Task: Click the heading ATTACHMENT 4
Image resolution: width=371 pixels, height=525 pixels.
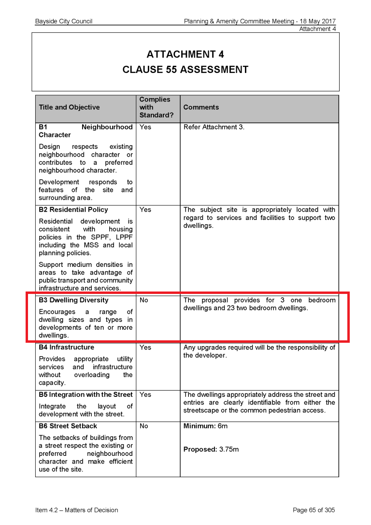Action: pos(185,54)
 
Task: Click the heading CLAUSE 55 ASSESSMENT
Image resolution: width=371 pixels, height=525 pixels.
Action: pos(185,70)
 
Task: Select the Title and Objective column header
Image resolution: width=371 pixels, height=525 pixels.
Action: pos(69,107)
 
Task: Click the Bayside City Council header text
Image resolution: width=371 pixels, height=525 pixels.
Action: pos(64,21)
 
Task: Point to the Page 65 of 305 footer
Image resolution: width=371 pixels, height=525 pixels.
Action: pos(314,510)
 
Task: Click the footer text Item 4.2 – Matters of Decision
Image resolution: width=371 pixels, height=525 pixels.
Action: pos(76,510)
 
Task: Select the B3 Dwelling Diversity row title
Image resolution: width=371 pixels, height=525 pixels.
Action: pos(73,300)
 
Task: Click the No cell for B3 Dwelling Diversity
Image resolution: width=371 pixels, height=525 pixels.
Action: pos(144,300)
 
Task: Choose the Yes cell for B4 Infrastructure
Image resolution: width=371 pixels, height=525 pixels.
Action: pos(145,347)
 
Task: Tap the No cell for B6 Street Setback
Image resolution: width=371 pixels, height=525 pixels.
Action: pos(144,426)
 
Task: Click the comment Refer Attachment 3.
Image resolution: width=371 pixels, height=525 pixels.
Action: pos(214,127)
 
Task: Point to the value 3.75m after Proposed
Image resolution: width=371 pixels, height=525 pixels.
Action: pos(229,450)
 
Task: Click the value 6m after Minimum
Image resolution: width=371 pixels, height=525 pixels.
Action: pos(223,426)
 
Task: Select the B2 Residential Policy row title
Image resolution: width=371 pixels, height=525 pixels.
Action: pos(73,210)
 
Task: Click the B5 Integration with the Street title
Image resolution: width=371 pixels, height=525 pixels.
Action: pos(86,394)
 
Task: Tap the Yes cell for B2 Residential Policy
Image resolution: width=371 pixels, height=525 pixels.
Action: pos(145,210)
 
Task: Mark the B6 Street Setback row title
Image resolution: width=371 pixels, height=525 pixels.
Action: pos(68,426)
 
